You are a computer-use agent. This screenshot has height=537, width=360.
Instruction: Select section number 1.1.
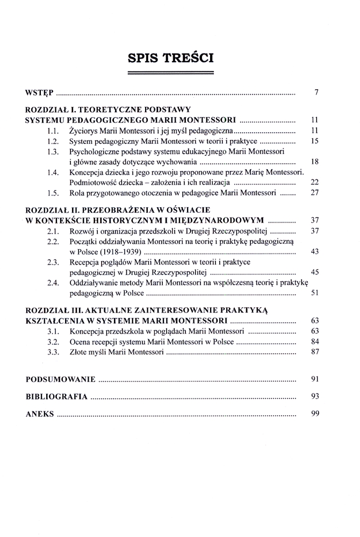(x=52, y=130)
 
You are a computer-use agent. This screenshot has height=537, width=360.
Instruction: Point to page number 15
(x=315, y=141)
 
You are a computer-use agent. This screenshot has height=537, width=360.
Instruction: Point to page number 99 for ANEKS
(x=315, y=414)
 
